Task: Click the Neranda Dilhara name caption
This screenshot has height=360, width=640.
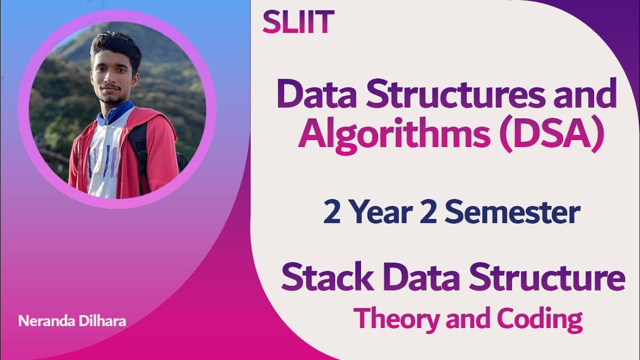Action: [72, 321]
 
